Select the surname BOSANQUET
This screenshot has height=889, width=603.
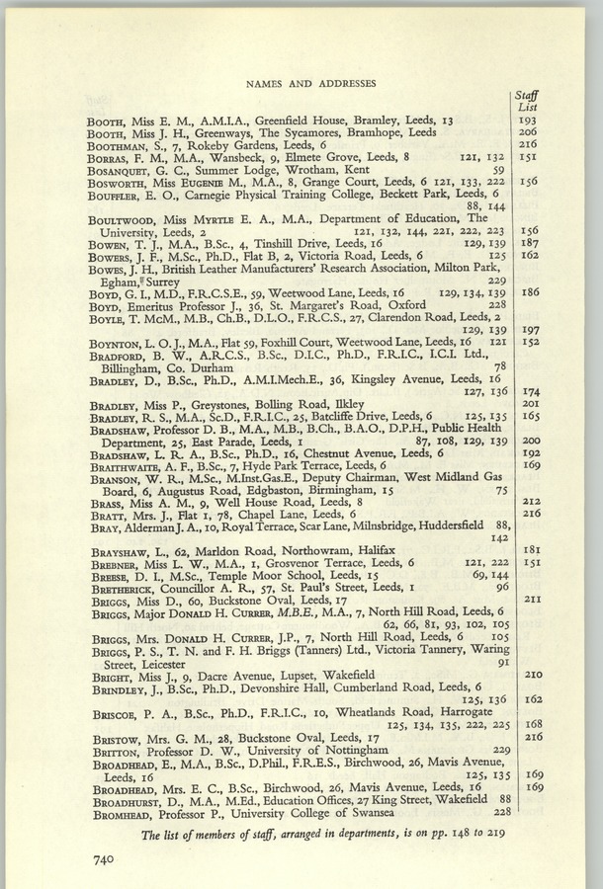(x=124, y=168)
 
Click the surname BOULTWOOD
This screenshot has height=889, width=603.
(x=125, y=217)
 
